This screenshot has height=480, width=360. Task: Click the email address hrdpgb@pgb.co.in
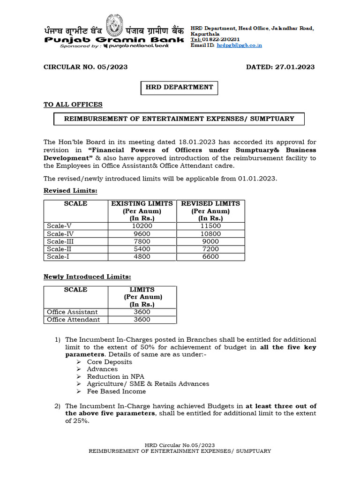pos(239,45)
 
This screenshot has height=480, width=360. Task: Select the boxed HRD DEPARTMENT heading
pos(180,87)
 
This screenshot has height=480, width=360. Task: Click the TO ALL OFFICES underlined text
pos(73,105)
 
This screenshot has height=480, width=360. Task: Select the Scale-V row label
pos(60,226)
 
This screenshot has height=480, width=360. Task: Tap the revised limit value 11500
pos(210,226)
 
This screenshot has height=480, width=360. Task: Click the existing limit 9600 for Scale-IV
pos(142,233)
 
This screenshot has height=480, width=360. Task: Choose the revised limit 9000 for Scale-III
pos(210,241)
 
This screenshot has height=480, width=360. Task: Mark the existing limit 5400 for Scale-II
pos(142,249)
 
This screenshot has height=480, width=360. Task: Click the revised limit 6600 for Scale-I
pos(210,257)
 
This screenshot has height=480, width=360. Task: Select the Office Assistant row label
pos(72,312)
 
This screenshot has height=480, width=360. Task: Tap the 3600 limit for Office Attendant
pos(142,320)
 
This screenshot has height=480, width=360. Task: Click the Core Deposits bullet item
pos(109,362)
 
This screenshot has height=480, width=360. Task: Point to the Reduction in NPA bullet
pos(115,376)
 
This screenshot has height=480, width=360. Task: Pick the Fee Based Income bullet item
pos(116,391)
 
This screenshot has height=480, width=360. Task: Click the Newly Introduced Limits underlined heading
pos(87,277)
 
